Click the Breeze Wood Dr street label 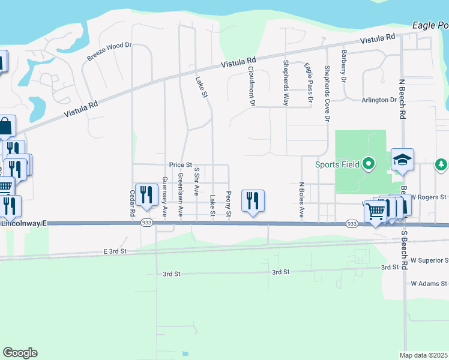[109, 51]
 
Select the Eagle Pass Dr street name [309, 83]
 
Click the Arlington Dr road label [379, 100]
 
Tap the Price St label [180, 164]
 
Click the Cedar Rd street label [133, 203]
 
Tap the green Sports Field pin [369, 163]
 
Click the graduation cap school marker [402, 160]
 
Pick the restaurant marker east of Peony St [253, 200]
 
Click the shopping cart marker [375, 211]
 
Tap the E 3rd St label [116, 251]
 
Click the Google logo [20, 353]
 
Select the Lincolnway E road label [24, 223]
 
